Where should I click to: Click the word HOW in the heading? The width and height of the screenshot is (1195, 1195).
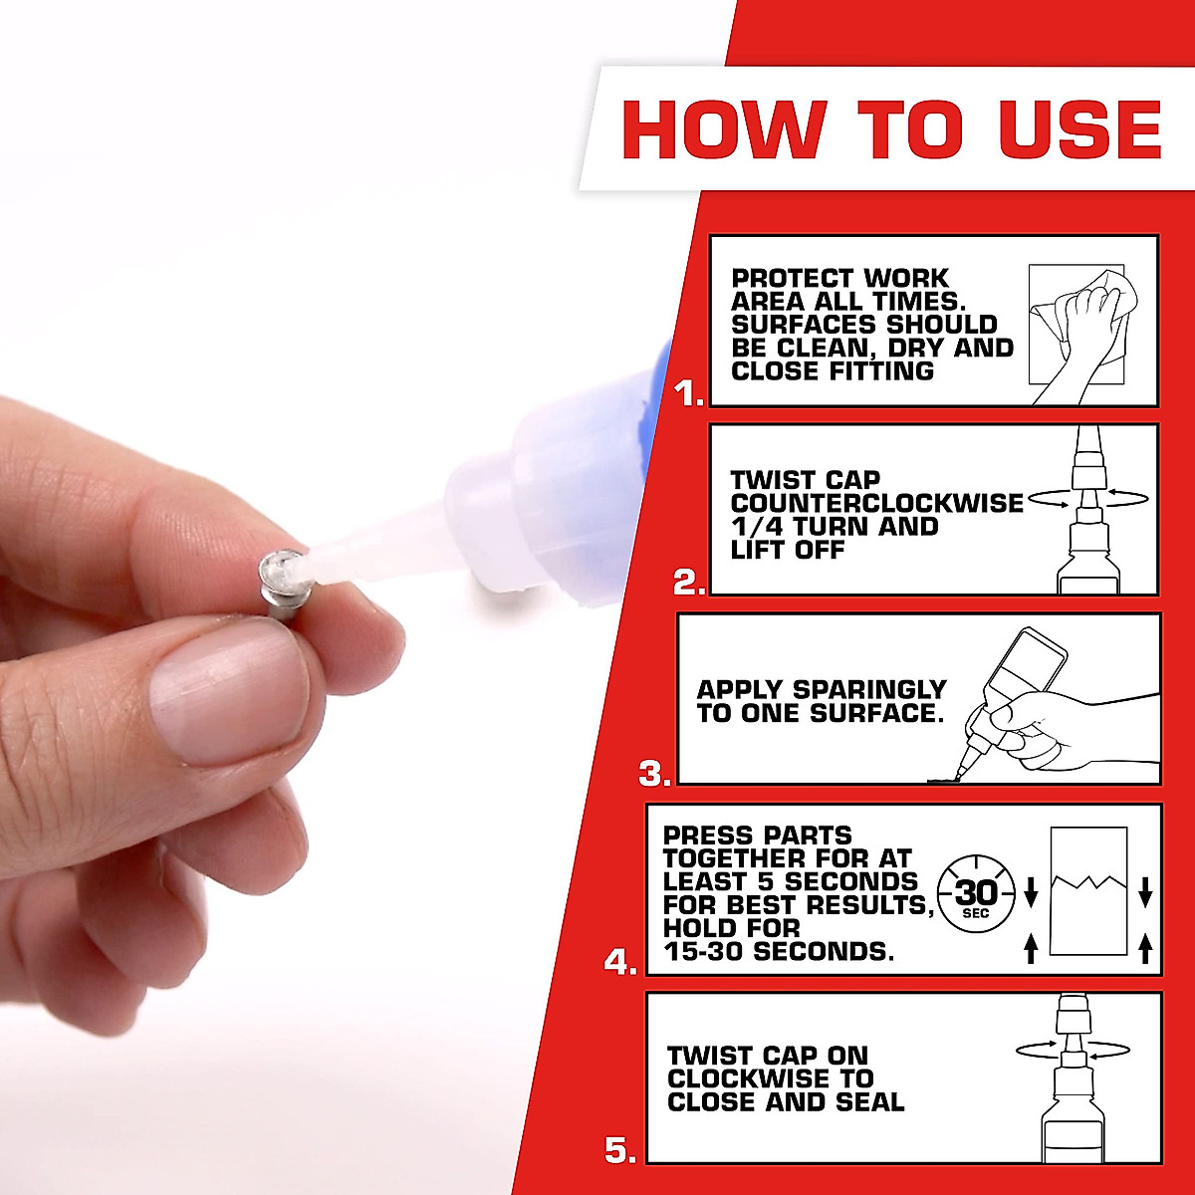(x=723, y=128)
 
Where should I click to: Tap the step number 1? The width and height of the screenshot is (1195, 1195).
(x=688, y=394)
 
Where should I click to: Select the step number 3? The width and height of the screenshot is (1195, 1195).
(x=654, y=774)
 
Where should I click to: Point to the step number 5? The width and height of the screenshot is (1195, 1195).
(x=619, y=1151)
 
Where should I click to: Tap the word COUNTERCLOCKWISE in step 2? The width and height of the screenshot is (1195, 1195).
(x=876, y=503)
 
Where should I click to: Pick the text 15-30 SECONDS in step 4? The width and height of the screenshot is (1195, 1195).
(x=779, y=951)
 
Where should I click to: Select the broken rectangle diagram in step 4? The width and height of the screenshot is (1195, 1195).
(x=1088, y=891)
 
